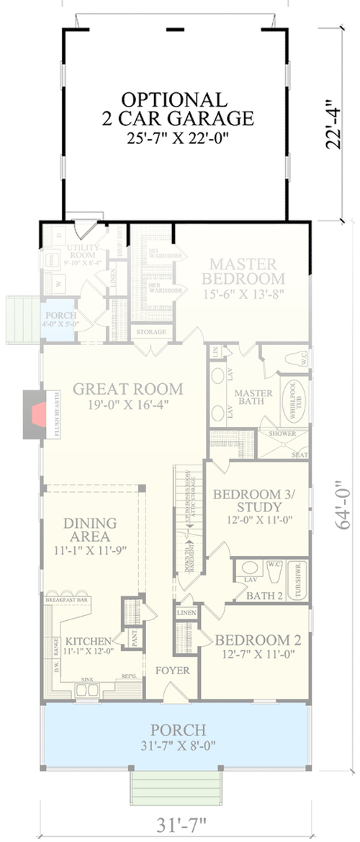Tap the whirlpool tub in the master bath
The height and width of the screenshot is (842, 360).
295,400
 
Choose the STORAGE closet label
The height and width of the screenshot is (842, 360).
150,332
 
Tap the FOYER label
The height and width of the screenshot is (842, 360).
174,670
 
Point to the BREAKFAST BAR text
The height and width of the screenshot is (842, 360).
66,599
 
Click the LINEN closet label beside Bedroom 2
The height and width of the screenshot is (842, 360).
183,612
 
